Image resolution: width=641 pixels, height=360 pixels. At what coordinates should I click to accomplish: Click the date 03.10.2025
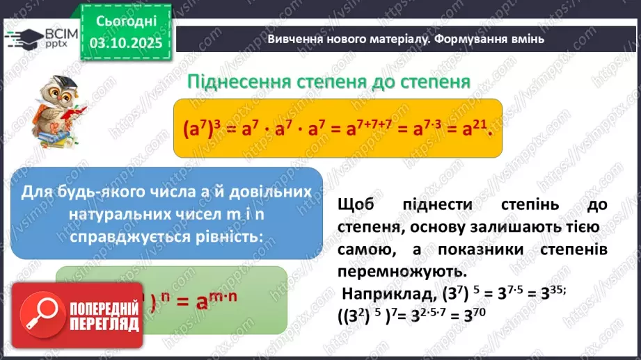[x=125, y=44]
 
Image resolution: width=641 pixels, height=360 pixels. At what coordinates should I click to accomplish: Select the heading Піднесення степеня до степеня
[x=329, y=82]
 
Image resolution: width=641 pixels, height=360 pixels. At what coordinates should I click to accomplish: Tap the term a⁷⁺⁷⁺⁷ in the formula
[x=361, y=129]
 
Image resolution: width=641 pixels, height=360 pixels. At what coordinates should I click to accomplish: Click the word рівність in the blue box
[x=227, y=237]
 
